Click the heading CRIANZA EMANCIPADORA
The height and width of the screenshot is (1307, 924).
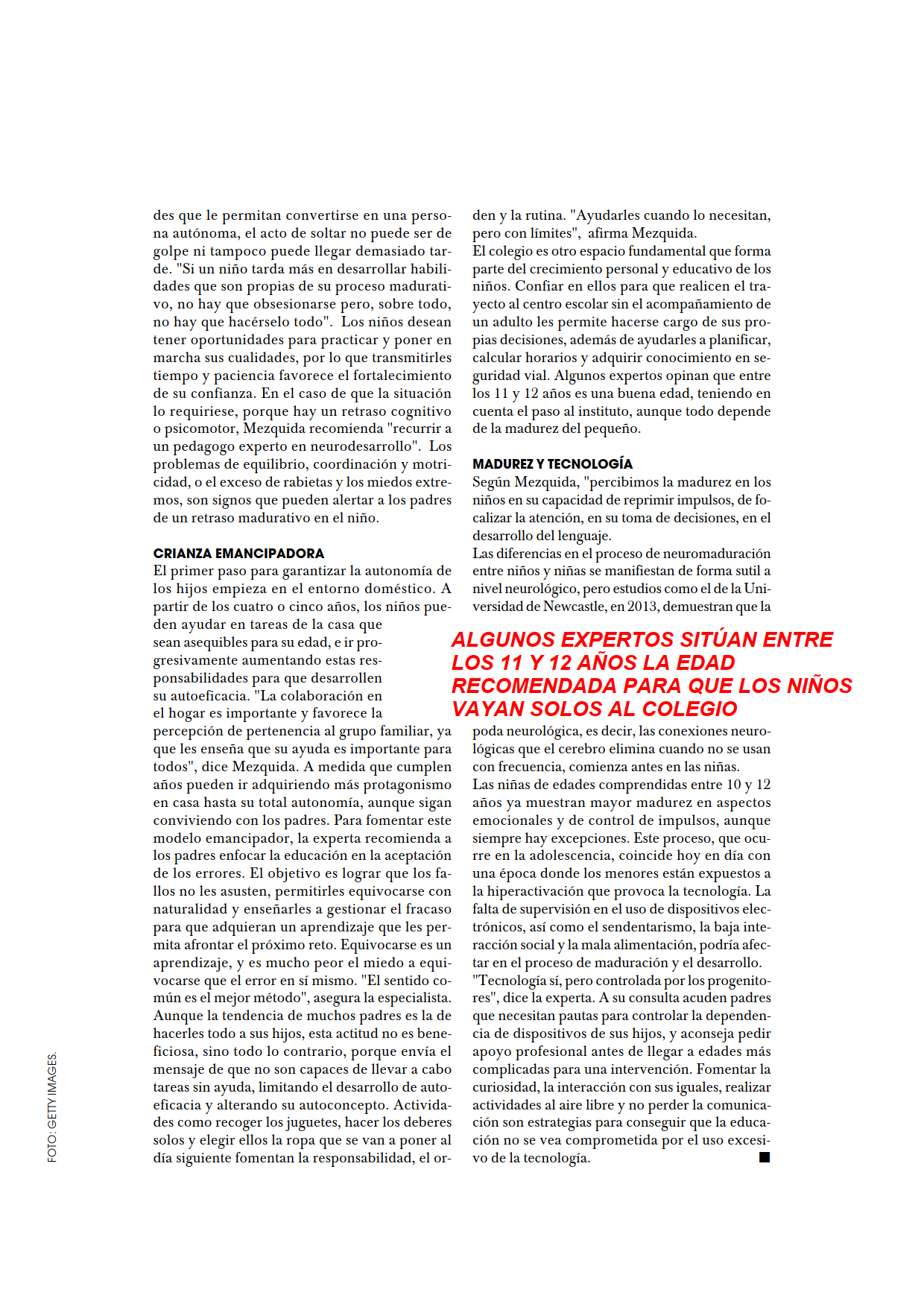[238, 554]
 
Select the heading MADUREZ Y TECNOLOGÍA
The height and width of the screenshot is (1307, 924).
[552, 464]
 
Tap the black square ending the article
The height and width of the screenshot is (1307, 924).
[764, 1157]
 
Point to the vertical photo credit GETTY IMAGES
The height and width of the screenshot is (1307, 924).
[52, 1107]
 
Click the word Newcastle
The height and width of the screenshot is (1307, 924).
[575, 607]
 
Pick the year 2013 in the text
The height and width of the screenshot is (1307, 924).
[642, 607]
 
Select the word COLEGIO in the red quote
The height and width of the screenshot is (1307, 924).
[689, 709]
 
